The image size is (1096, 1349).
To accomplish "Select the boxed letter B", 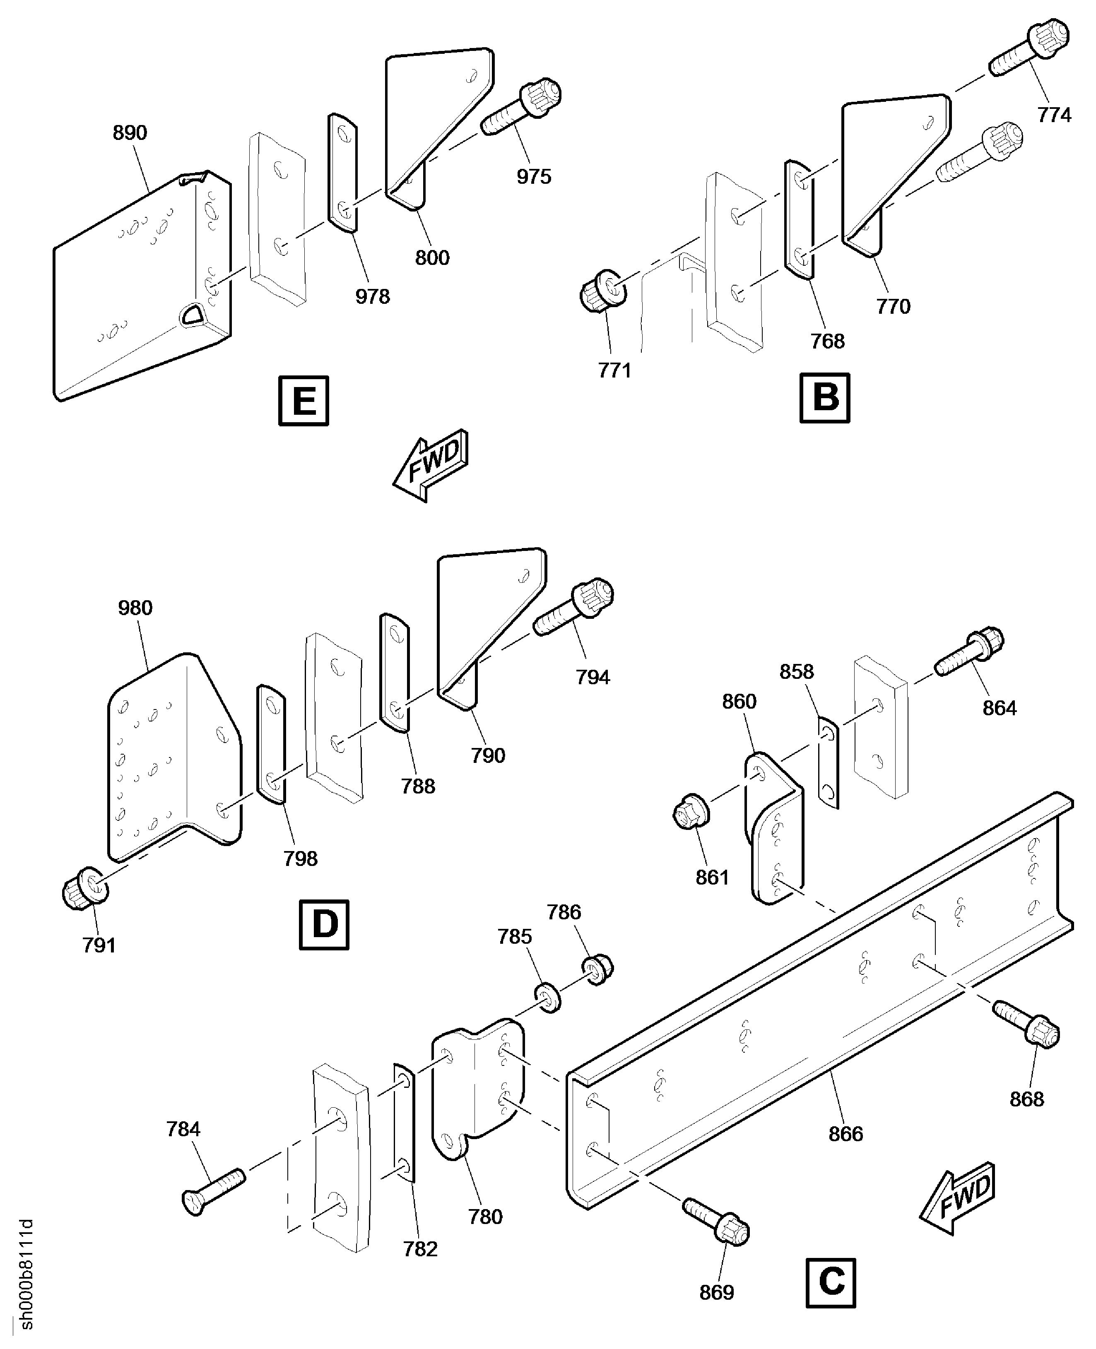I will coord(824,398).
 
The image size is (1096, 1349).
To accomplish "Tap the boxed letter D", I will coord(324,925).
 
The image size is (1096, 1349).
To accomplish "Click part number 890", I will coord(130,132).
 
